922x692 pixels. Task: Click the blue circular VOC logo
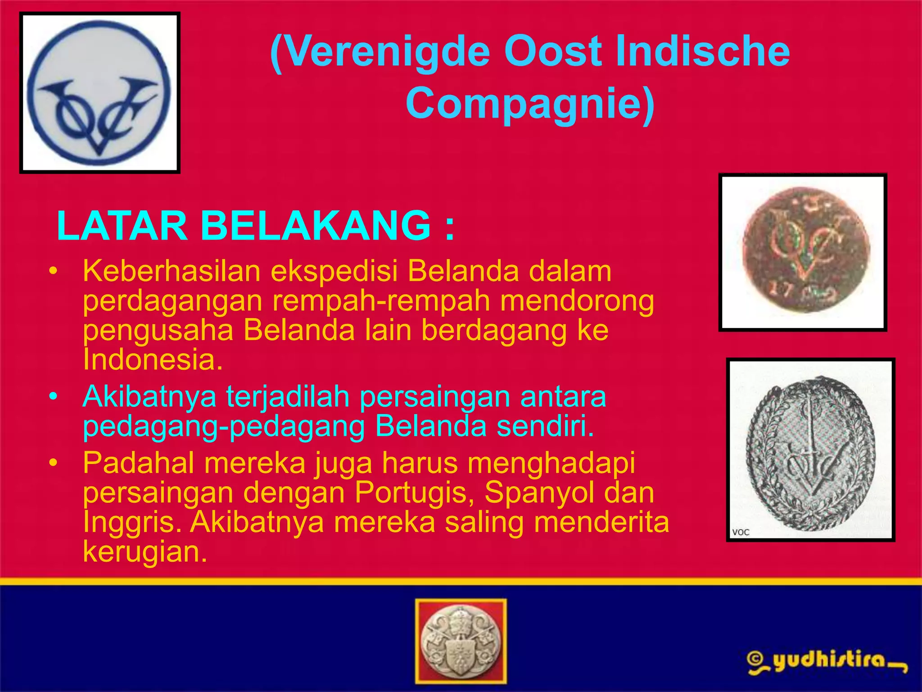pyautogui.click(x=99, y=93)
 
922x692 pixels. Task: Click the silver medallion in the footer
pyautogui.click(x=461, y=641)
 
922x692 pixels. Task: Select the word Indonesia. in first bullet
pyautogui.click(x=153, y=360)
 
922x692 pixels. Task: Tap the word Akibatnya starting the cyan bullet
pyautogui.click(x=149, y=397)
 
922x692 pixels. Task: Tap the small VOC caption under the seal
pyautogui.click(x=741, y=532)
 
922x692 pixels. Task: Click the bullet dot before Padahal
pyautogui.click(x=54, y=463)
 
